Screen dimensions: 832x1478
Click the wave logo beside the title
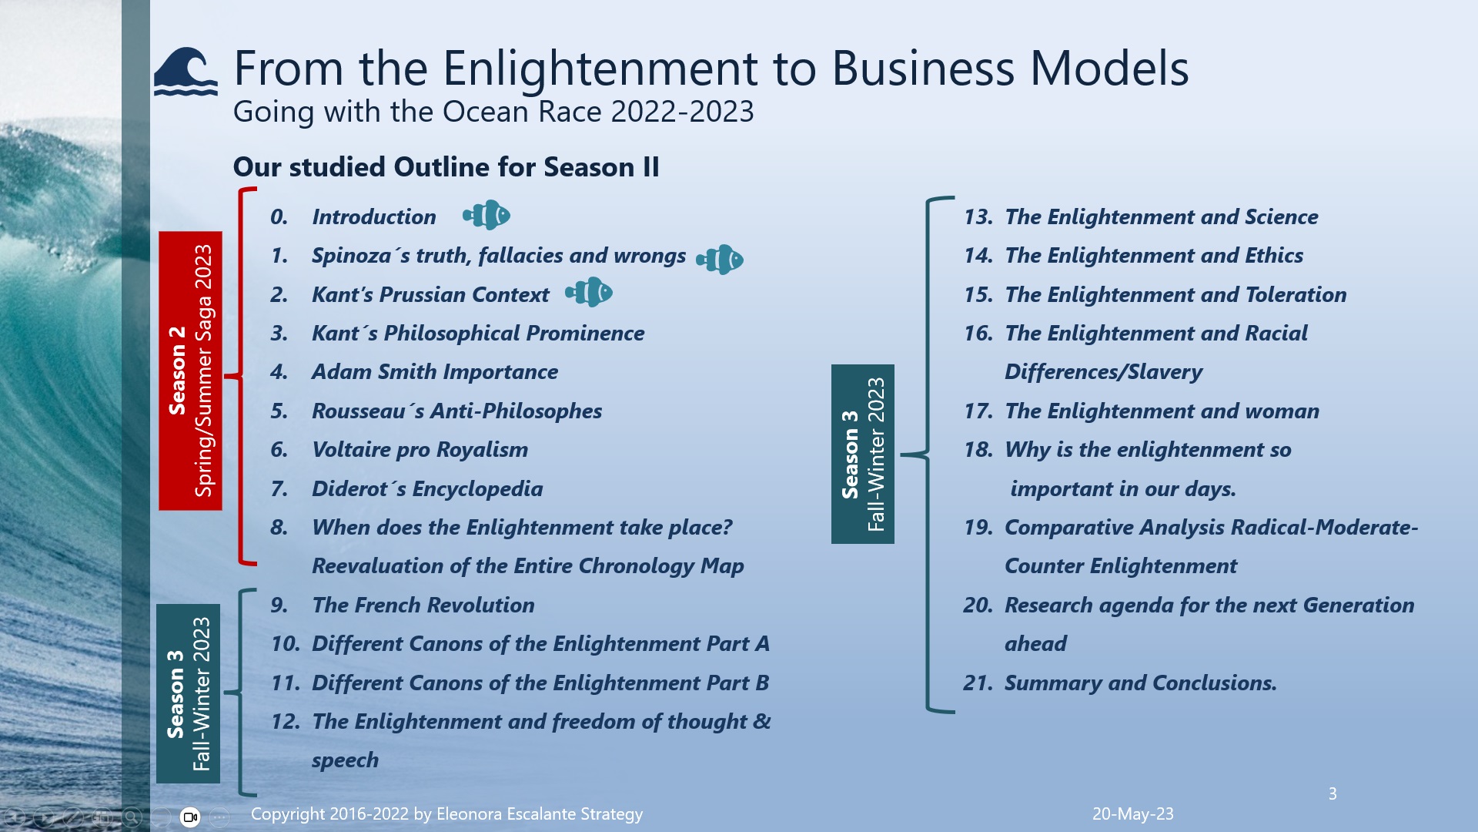click(186, 72)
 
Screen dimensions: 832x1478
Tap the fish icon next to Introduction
click(487, 216)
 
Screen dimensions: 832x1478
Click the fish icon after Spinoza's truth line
click(720, 260)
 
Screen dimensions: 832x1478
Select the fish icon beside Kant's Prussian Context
click(589, 293)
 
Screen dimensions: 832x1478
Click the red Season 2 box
click(190, 371)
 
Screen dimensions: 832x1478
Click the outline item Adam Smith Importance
click(434, 372)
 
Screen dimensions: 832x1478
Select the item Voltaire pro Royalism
click(420, 450)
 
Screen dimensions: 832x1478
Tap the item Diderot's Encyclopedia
click(426, 489)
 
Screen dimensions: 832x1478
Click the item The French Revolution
click(423, 606)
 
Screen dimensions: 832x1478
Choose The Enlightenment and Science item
click(1161, 217)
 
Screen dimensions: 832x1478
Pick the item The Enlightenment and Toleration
click(1175, 295)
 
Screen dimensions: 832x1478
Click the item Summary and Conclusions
click(1140, 683)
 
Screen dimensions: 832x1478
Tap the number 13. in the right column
click(978, 217)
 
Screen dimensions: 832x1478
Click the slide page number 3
click(1333, 793)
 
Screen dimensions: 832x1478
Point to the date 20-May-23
click(1132, 814)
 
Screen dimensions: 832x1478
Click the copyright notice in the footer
click(446, 814)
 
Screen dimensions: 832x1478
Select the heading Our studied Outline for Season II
click(446, 167)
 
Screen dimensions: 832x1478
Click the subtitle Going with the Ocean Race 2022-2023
click(493, 112)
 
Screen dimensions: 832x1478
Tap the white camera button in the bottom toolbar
click(190, 817)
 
